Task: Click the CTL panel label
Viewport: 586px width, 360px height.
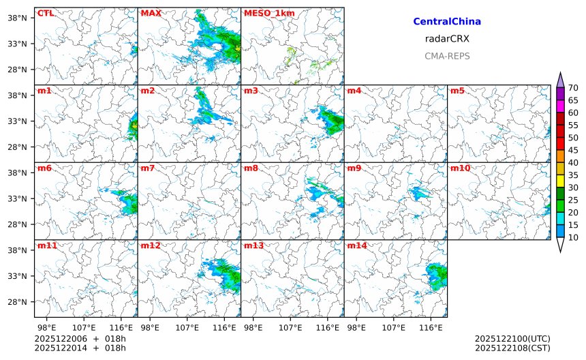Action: click(45, 13)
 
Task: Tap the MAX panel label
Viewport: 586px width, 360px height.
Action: click(151, 13)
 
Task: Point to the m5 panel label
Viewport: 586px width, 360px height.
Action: click(457, 91)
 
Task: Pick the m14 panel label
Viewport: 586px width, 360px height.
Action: click(356, 245)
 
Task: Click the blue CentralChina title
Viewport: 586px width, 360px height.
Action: click(447, 22)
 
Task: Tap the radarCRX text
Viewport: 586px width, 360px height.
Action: click(447, 39)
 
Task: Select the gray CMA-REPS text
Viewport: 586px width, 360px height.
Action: click(447, 56)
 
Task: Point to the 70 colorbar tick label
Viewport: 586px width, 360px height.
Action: click(573, 88)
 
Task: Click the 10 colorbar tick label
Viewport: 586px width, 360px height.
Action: click(573, 237)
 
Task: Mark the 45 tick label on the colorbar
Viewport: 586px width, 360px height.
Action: click(573, 150)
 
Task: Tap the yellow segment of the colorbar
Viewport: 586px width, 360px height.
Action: click(560, 181)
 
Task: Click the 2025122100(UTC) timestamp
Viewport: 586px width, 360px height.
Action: click(512, 338)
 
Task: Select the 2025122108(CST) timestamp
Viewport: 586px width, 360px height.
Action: click(512, 348)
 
